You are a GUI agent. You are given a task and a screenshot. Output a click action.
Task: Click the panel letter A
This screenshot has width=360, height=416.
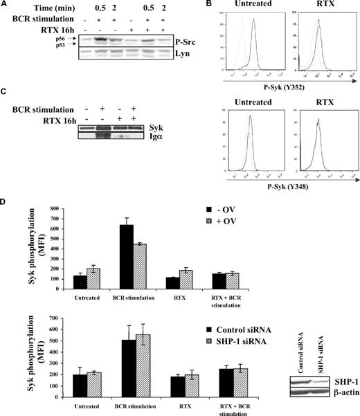pos(5,6)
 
